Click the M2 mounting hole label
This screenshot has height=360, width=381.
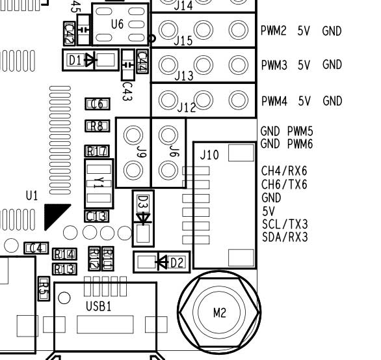220,313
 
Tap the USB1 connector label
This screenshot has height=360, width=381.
99,305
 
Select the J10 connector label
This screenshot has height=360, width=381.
209,156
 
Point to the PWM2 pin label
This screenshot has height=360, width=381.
274,31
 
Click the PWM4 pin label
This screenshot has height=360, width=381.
274,101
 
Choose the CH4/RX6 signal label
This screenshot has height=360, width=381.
284,171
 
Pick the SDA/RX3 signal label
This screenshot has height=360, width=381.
284,236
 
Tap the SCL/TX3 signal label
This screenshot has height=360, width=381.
284,223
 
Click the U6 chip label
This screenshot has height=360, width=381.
117,24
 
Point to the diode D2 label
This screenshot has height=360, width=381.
177,262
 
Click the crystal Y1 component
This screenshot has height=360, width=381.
98,184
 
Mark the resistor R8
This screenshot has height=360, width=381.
96,126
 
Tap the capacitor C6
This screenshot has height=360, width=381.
96,104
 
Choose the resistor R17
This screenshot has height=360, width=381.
97,151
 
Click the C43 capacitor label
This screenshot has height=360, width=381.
127,89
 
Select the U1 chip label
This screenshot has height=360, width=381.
32,195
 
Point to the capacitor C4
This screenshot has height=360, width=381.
36,248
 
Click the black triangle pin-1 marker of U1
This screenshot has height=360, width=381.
55,215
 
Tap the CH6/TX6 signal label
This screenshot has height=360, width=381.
284,184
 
